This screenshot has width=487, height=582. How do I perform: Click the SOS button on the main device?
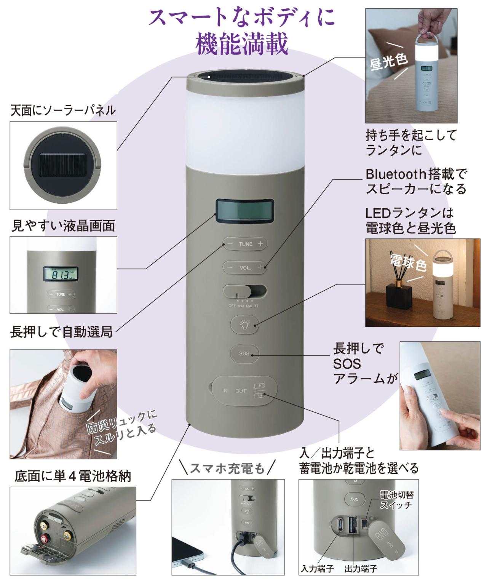[x=244, y=353]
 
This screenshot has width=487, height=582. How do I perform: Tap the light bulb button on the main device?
[x=244, y=325]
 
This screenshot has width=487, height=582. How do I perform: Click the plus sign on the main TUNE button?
[x=260, y=244]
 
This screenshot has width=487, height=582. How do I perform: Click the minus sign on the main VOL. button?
[x=230, y=267]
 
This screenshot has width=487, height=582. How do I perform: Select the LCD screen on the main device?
[x=244, y=211]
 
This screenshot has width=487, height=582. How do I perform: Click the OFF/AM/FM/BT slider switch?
[x=244, y=292]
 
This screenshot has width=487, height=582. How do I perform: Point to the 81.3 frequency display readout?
[x=61, y=274]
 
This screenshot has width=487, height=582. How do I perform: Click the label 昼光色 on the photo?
[x=388, y=61]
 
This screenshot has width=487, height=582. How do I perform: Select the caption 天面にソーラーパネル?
[x=63, y=110]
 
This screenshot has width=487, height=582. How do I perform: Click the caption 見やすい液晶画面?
[x=63, y=226]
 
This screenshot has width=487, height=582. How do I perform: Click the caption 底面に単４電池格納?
[x=72, y=476]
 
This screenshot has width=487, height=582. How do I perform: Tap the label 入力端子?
[x=317, y=569]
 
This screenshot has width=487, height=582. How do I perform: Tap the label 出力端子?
[x=361, y=569]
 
